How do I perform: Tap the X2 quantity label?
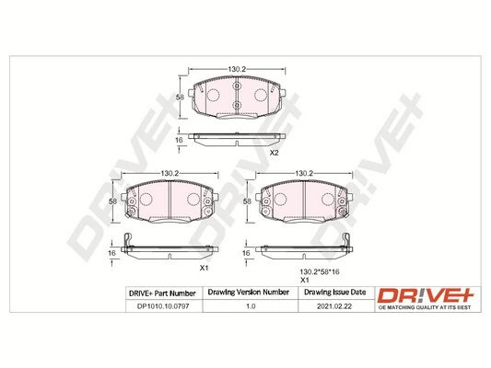274,153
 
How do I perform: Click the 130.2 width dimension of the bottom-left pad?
170,173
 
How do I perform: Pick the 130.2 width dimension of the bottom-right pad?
305,173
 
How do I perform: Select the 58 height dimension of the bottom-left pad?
112,201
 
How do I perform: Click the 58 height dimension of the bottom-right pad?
246,201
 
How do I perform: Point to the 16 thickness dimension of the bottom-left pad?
112,252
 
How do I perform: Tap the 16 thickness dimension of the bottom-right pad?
246,252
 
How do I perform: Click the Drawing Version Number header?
249,293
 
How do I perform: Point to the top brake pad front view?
237,98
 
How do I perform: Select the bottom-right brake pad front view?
305,202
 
